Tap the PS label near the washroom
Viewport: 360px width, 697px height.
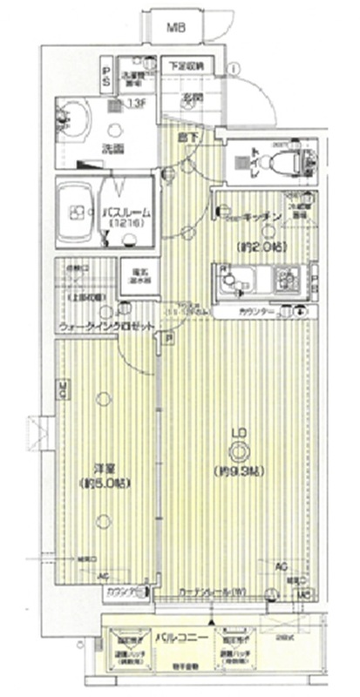click(x=105, y=74)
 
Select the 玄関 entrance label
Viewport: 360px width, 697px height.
click(x=192, y=97)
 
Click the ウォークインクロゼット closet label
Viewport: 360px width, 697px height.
click(x=108, y=326)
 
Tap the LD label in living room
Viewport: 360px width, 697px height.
click(x=236, y=431)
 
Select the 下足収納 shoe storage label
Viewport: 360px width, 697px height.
click(x=186, y=65)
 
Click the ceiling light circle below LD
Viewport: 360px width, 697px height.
click(x=236, y=450)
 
